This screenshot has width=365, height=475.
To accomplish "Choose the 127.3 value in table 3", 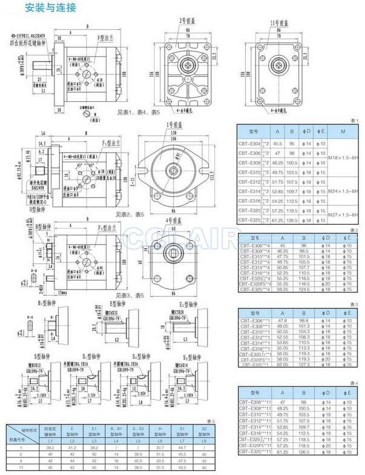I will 300,364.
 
